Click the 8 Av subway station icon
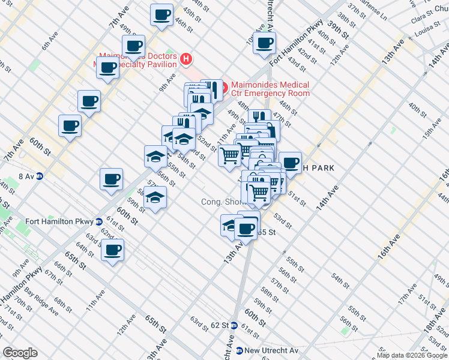[x=40, y=176]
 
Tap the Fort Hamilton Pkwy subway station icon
[x=98, y=221]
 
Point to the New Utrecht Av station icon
[x=239, y=350]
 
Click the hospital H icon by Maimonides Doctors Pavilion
[x=186, y=59]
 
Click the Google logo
[x=20, y=353]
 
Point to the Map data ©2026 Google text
[x=411, y=355]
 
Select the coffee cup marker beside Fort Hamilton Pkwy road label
[x=264, y=43]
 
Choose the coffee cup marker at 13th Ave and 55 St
[x=245, y=227]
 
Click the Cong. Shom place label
[x=221, y=202]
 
